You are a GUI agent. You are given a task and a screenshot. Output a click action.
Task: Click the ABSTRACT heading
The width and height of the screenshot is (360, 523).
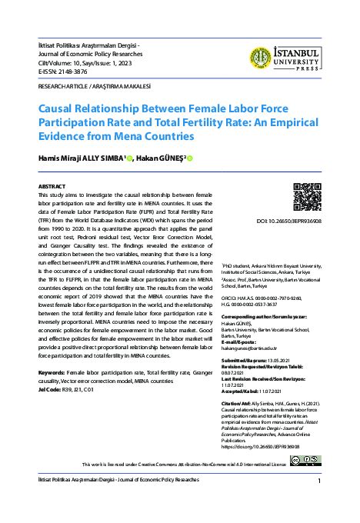(x=52, y=187)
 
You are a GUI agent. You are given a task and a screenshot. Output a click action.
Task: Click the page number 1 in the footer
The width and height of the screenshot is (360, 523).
(x=318, y=481)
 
